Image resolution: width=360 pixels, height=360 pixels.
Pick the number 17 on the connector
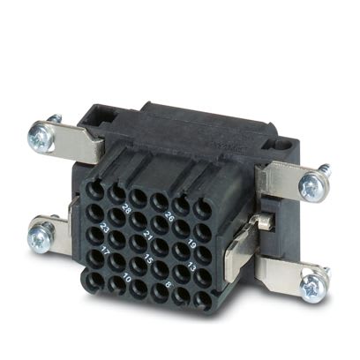point(105,251)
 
